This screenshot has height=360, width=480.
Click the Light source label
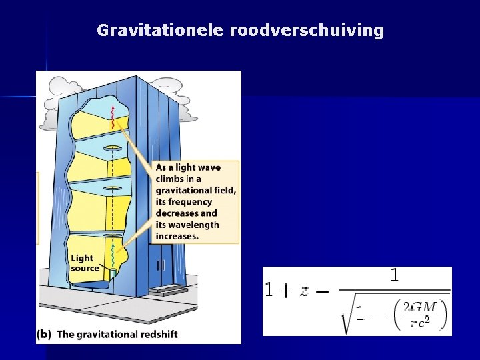pos(84,263)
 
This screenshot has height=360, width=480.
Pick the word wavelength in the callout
pos(194,225)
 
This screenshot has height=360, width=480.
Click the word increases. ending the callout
pos(177,236)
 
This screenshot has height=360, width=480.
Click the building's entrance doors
pos(161,265)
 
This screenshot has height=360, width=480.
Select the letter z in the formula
pos(301,289)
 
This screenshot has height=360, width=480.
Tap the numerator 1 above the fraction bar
pos(394,275)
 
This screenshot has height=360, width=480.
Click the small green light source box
pos(113,273)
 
